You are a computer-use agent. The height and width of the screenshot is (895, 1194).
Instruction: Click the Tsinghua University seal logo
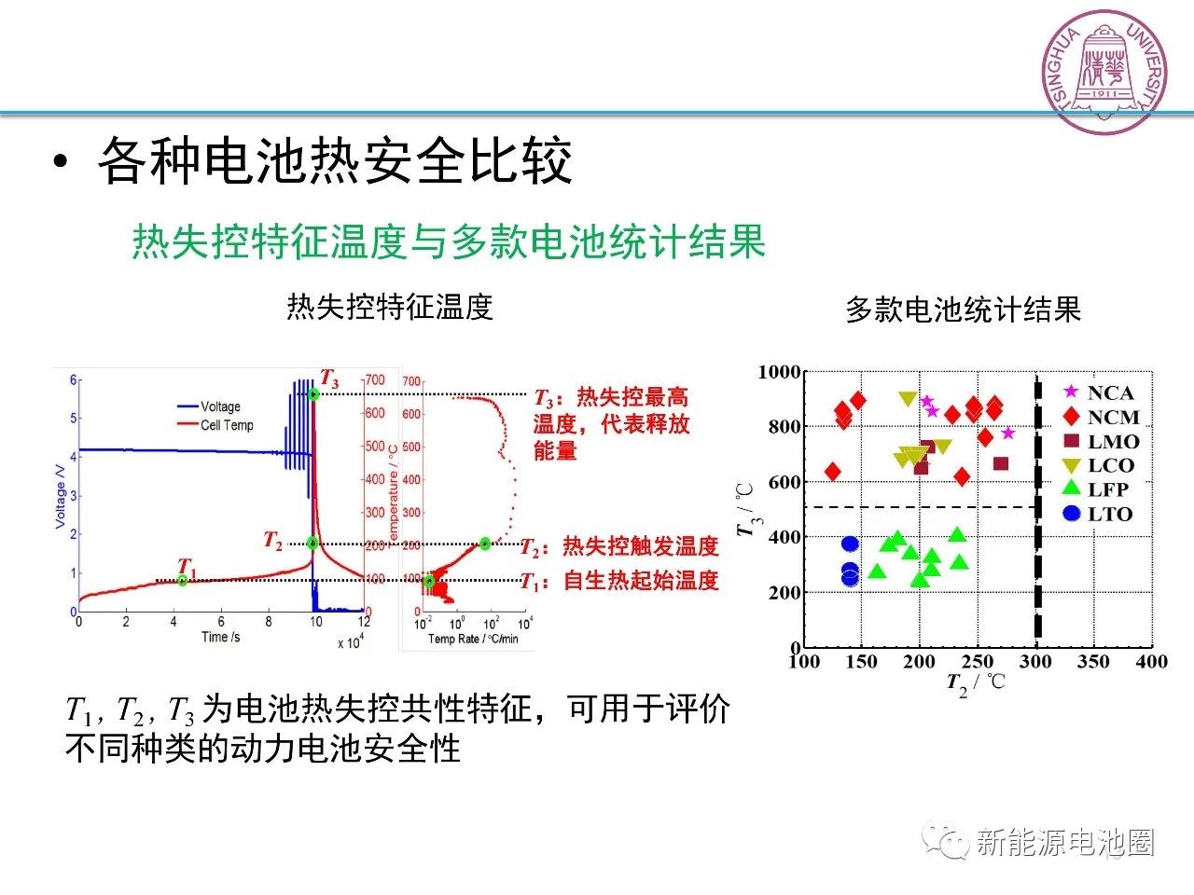click(1105, 72)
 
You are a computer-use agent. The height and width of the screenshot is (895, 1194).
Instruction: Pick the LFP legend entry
click(1095, 489)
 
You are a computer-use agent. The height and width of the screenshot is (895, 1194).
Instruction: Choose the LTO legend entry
click(1097, 514)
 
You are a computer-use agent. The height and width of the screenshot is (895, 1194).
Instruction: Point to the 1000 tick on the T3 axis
click(780, 372)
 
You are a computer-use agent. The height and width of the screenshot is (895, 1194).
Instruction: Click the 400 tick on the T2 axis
click(1151, 661)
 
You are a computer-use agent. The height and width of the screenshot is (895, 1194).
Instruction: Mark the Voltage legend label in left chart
click(220, 406)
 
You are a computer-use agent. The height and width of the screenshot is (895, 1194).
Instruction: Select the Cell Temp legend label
click(227, 425)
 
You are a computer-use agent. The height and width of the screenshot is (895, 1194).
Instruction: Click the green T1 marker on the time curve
click(183, 580)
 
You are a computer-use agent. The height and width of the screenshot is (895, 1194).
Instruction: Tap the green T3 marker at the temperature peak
click(313, 394)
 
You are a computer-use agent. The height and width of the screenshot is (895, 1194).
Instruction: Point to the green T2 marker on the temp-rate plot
click(485, 544)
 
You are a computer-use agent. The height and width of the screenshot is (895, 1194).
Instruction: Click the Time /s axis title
click(221, 638)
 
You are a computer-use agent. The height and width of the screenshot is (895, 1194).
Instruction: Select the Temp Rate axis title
click(473, 639)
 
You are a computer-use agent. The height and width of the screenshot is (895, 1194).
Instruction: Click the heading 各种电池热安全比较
click(334, 161)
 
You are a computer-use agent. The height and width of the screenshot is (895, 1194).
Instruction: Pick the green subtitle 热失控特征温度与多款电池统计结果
click(448, 241)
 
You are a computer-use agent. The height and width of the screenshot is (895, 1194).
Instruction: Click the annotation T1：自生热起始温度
click(620, 581)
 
